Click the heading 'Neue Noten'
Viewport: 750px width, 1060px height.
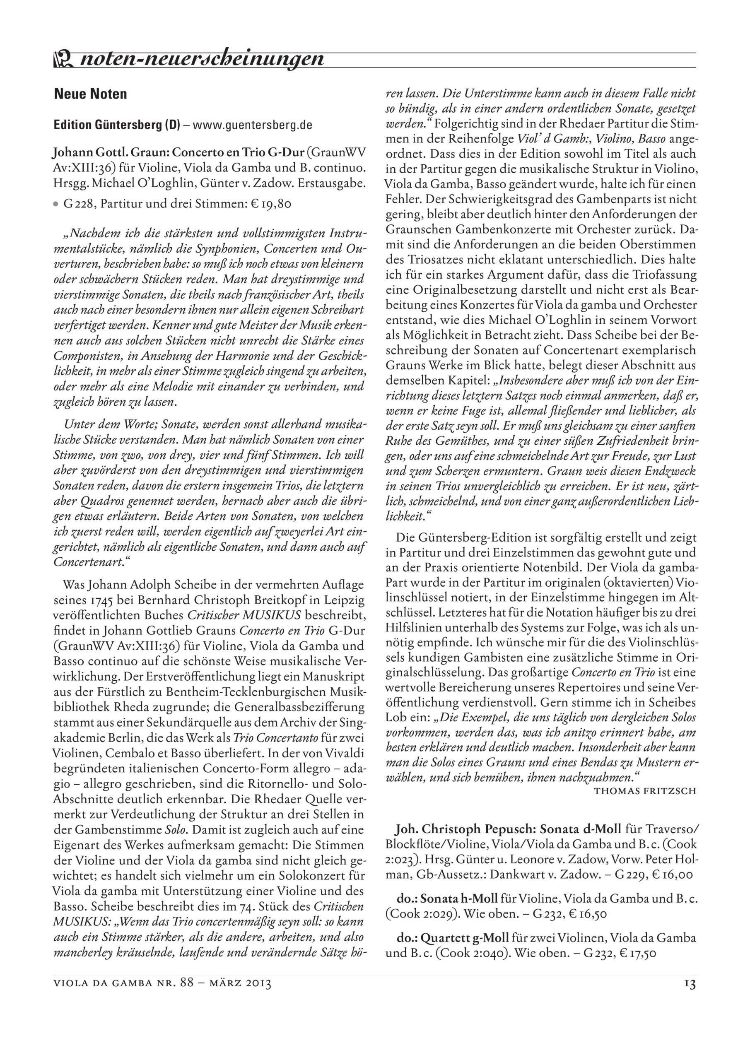(x=91, y=94)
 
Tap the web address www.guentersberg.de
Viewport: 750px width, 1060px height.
(x=253, y=125)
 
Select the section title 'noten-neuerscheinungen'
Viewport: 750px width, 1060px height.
(x=202, y=59)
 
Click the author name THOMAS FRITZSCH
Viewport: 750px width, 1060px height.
(x=645, y=791)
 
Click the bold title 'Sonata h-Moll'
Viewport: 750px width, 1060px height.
(x=458, y=899)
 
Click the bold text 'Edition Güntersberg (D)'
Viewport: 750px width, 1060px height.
(x=117, y=125)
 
